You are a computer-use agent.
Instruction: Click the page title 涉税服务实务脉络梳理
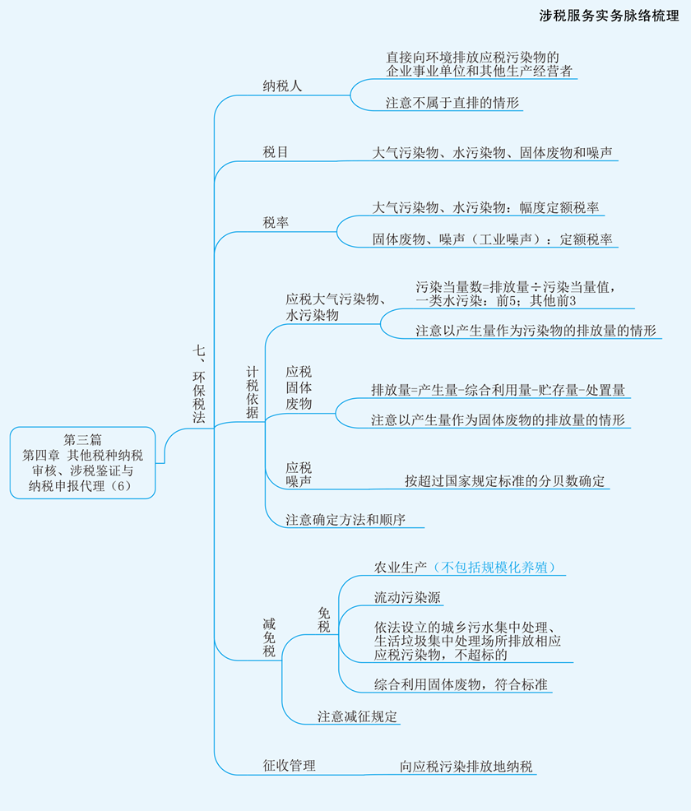[609, 16]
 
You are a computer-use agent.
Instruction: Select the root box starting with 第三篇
[83, 463]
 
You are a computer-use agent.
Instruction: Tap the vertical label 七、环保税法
[199, 384]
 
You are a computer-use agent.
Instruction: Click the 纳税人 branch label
[282, 86]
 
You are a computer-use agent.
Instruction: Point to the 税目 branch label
[275, 152]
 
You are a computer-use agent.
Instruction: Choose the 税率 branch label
[275, 222]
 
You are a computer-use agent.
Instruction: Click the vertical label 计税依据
[253, 392]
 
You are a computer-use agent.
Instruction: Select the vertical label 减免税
[269, 637]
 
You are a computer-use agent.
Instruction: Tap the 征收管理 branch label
[289, 766]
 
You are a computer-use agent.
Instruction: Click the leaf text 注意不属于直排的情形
[452, 103]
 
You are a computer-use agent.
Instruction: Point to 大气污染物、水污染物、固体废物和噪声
[493, 153]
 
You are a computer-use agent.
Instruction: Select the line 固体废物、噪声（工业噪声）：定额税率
[493, 239]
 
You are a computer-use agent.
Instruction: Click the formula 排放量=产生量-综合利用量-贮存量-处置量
[498, 390]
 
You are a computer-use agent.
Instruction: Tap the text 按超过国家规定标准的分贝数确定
[504, 481]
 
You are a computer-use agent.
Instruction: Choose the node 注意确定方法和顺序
[345, 519]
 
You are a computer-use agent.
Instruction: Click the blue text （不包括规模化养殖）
[494, 568]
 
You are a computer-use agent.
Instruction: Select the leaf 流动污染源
[407, 597]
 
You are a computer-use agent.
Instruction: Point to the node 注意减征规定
[357, 716]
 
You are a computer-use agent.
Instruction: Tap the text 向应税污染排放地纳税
[466, 766]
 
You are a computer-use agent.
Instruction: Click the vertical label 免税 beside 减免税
[324, 620]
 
